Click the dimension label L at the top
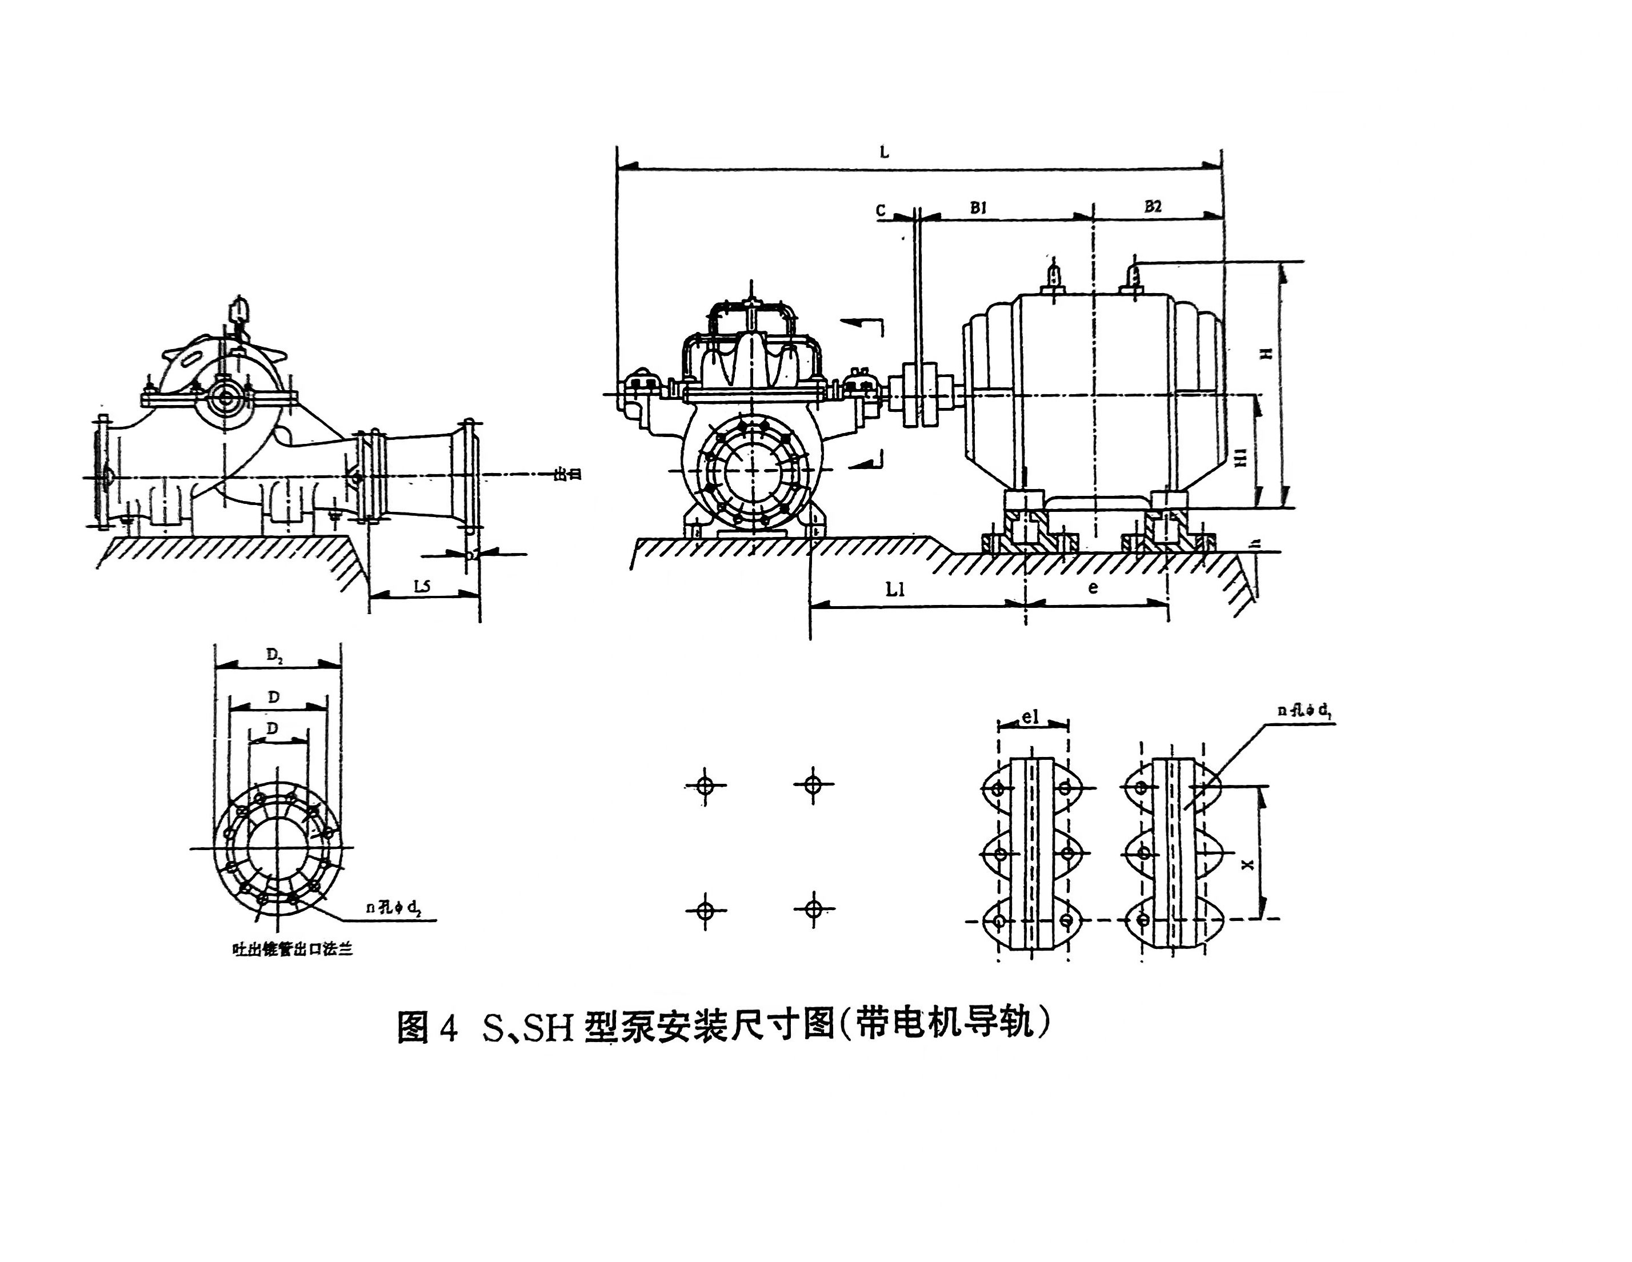click(x=884, y=153)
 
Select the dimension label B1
click(x=978, y=208)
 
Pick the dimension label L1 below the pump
click(x=895, y=590)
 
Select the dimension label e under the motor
click(x=1093, y=587)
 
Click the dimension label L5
click(x=422, y=587)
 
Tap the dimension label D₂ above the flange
click(x=274, y=656)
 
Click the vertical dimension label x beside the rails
click(x=1246, y=864)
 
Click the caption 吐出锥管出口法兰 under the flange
click(x=292, y=949)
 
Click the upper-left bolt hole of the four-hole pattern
click(x=705, y=786)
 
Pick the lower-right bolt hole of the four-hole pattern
click(x=813, y=908)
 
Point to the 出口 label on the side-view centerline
click(x=567, y=474)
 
